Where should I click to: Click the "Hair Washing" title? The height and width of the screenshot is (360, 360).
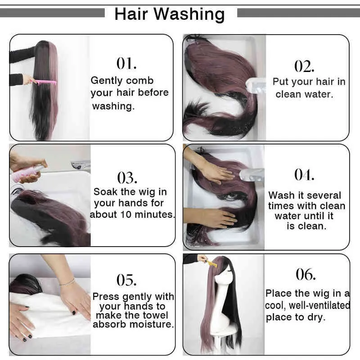(170, 14)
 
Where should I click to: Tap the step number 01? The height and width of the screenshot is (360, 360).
(126, 63)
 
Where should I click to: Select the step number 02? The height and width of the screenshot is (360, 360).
(304, 66)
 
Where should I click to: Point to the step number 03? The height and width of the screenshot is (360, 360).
(127, 178)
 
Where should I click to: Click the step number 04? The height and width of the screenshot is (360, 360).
(304, 175)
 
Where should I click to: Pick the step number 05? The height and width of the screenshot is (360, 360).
(126, 280)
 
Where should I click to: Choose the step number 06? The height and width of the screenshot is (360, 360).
(306, 274)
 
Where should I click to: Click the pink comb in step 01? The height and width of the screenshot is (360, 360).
(44, 82)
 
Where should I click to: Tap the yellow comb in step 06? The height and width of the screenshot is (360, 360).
(211, 263)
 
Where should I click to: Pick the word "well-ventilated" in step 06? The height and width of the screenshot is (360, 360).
(319, 306)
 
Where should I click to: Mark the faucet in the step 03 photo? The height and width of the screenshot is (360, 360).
(81, 164)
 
